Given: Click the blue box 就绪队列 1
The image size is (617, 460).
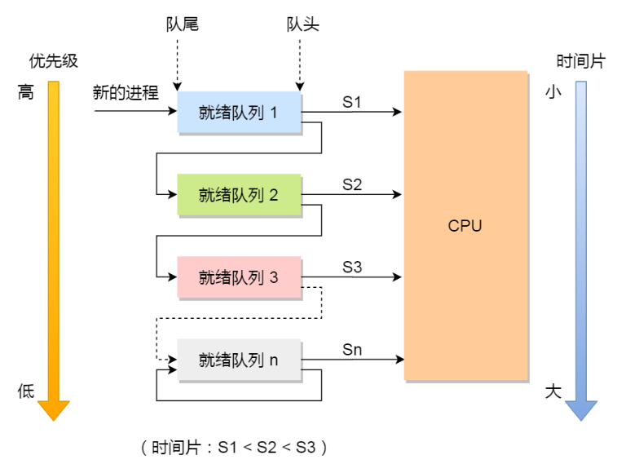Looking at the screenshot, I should click(x=240, y=112).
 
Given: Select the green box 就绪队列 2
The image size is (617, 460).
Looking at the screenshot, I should click(x=240, y=195).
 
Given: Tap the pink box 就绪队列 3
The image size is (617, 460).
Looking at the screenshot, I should click(x=240, y=277).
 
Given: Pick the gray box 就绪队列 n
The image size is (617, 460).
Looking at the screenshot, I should click(x=240, y=360).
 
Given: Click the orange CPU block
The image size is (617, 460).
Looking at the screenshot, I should click(x=465, y=226).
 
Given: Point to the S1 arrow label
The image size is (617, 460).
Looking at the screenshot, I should click(x=352, y=102).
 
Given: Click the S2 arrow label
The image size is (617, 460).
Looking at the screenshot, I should click(x=352, y=184).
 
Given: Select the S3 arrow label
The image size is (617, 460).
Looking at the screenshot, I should click(x=352, y=267).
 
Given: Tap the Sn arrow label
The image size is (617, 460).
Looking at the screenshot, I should click(x=352, y=350).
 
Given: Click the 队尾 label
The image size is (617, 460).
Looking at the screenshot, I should click(x=181, y=24).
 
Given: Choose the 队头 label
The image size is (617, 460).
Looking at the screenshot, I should click(x=302, y=24).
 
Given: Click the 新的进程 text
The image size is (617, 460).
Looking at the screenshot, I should click(x=126, y=93).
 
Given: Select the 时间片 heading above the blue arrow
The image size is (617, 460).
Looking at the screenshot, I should click(x=580, y=61).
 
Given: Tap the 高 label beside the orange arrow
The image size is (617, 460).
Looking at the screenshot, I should click(x=26, y=93).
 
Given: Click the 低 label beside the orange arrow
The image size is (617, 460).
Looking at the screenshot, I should click(x=26, y=391).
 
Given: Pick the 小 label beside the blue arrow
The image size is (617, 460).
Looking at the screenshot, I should click(x=553, y=93).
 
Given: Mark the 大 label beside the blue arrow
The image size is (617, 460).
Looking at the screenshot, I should click(x=553, y=391).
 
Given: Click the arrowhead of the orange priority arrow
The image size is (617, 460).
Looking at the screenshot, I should click(x=54, y=409).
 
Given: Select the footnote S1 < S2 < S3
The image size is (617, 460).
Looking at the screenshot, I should click(x=235, y=447).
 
